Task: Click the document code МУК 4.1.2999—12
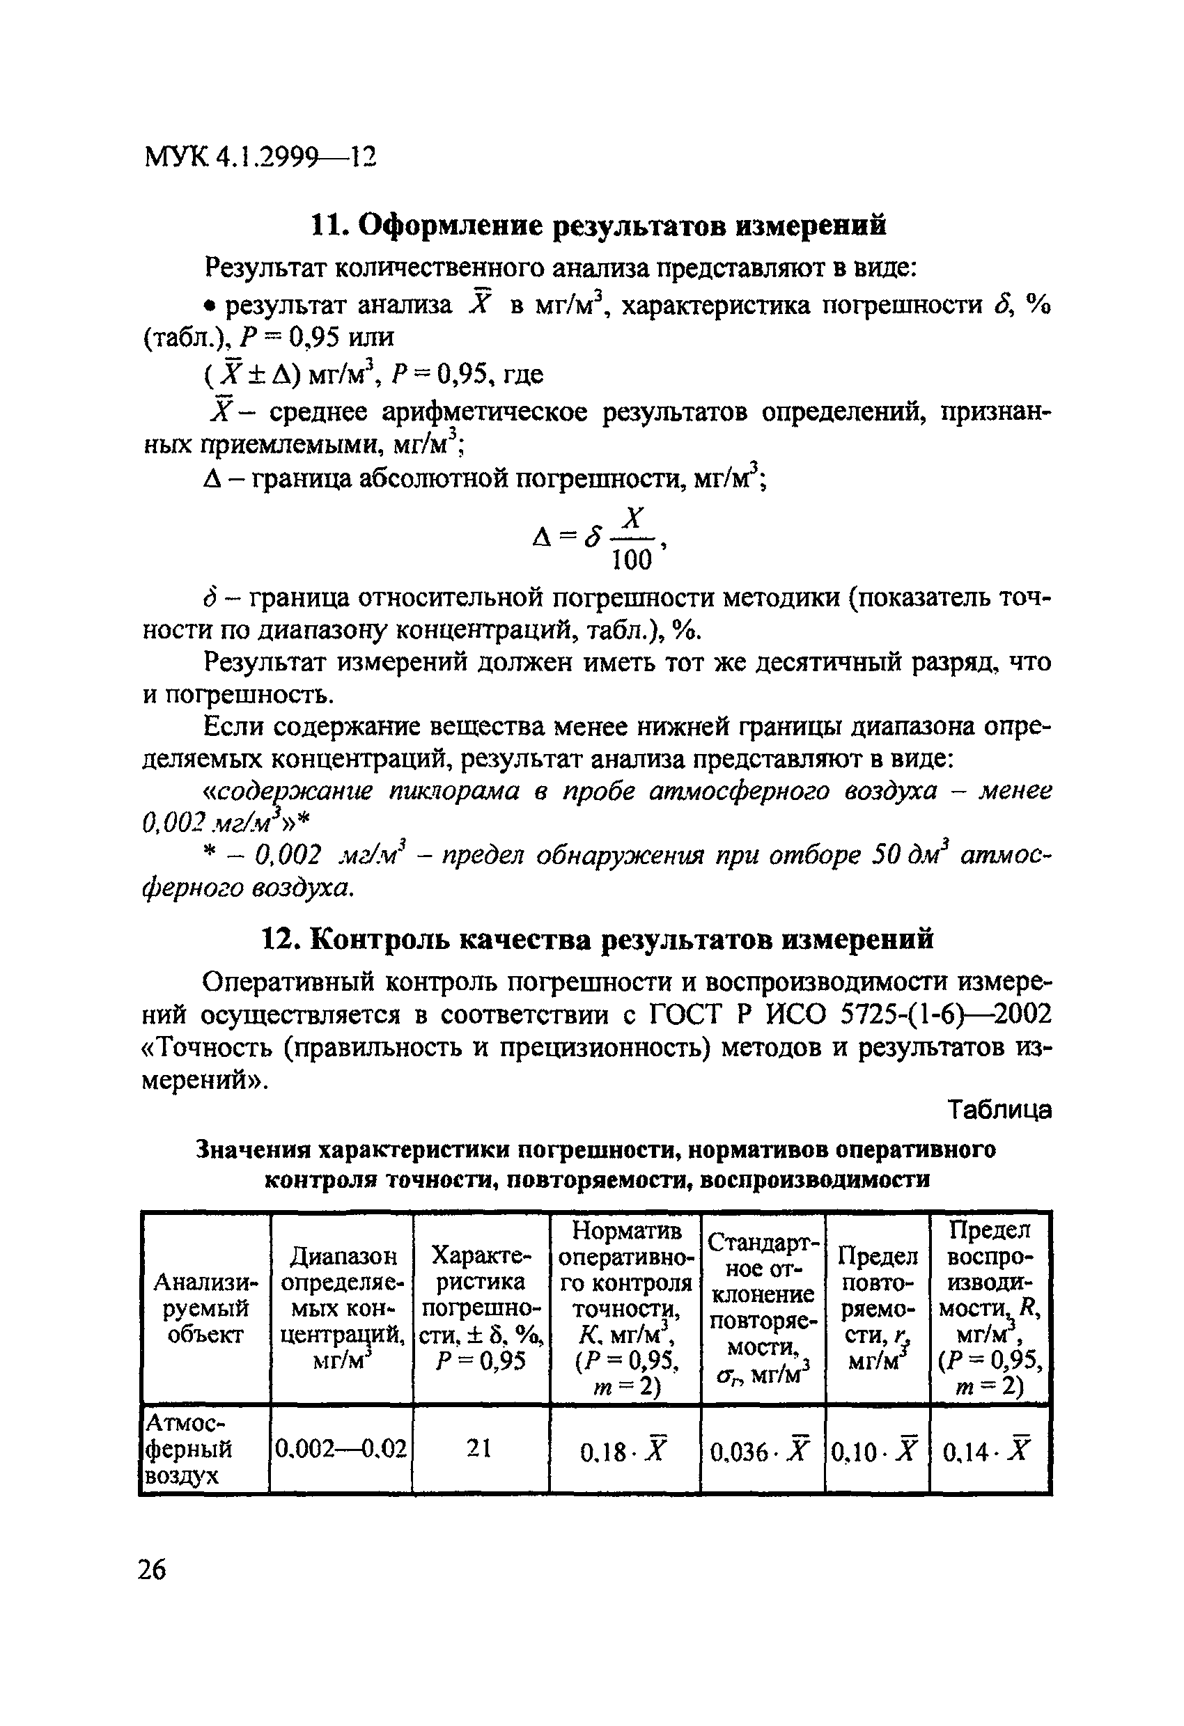point(260,157)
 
